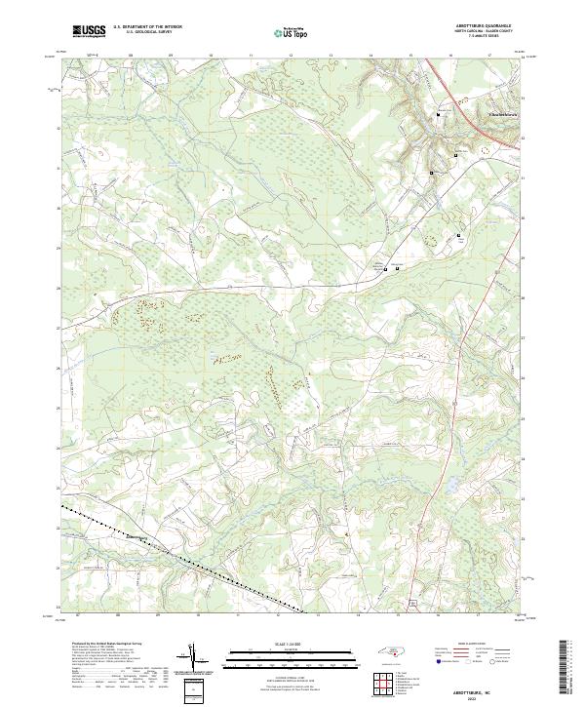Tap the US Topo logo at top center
pyautogui.click(x=293, y=32)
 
